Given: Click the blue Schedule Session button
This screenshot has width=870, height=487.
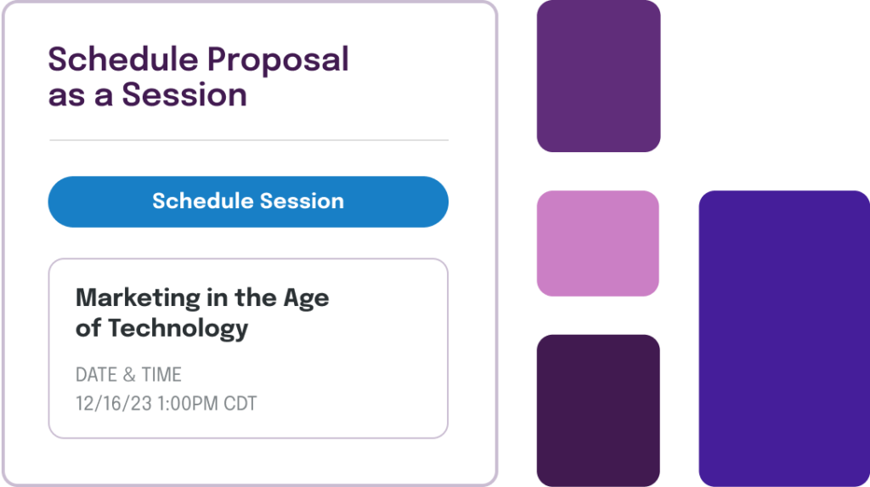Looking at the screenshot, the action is [x=248, y=201].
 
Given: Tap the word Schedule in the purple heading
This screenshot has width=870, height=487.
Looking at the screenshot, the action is [x=123, y=59].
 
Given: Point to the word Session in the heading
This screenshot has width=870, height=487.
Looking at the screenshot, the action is [x=184, y=94].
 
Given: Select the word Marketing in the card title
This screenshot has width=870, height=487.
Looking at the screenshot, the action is [x=138, y=298].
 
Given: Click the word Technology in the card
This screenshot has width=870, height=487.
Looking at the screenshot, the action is [x=178, y=329].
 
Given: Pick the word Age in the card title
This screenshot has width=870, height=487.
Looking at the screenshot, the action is [x=306, y=299].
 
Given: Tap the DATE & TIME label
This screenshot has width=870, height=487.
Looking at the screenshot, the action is [x=129, y=375].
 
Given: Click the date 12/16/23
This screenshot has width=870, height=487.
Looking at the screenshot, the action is [x=114, y=403].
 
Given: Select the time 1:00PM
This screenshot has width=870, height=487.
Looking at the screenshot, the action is [x=188, y=403].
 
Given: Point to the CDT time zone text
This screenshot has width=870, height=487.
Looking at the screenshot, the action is [x=240, y=403].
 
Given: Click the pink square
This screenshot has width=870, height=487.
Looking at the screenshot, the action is [x=598, y=243].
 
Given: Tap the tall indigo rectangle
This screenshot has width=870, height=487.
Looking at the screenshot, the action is [x=784, y=339].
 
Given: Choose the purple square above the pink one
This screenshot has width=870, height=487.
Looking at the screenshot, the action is [x=599, y=76].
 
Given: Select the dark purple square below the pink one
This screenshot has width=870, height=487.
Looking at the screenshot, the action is [x=598, y=411].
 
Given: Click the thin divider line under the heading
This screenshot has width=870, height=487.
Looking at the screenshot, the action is [x=249, y=140].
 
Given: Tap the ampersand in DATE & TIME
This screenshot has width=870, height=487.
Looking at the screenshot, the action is [x=129, y=375].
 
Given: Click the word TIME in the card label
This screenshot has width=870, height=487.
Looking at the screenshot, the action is [x=161, y=375].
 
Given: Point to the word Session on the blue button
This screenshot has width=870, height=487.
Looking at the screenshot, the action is [x=302, y=201].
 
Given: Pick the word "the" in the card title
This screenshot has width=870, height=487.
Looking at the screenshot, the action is [x=255, y=297].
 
